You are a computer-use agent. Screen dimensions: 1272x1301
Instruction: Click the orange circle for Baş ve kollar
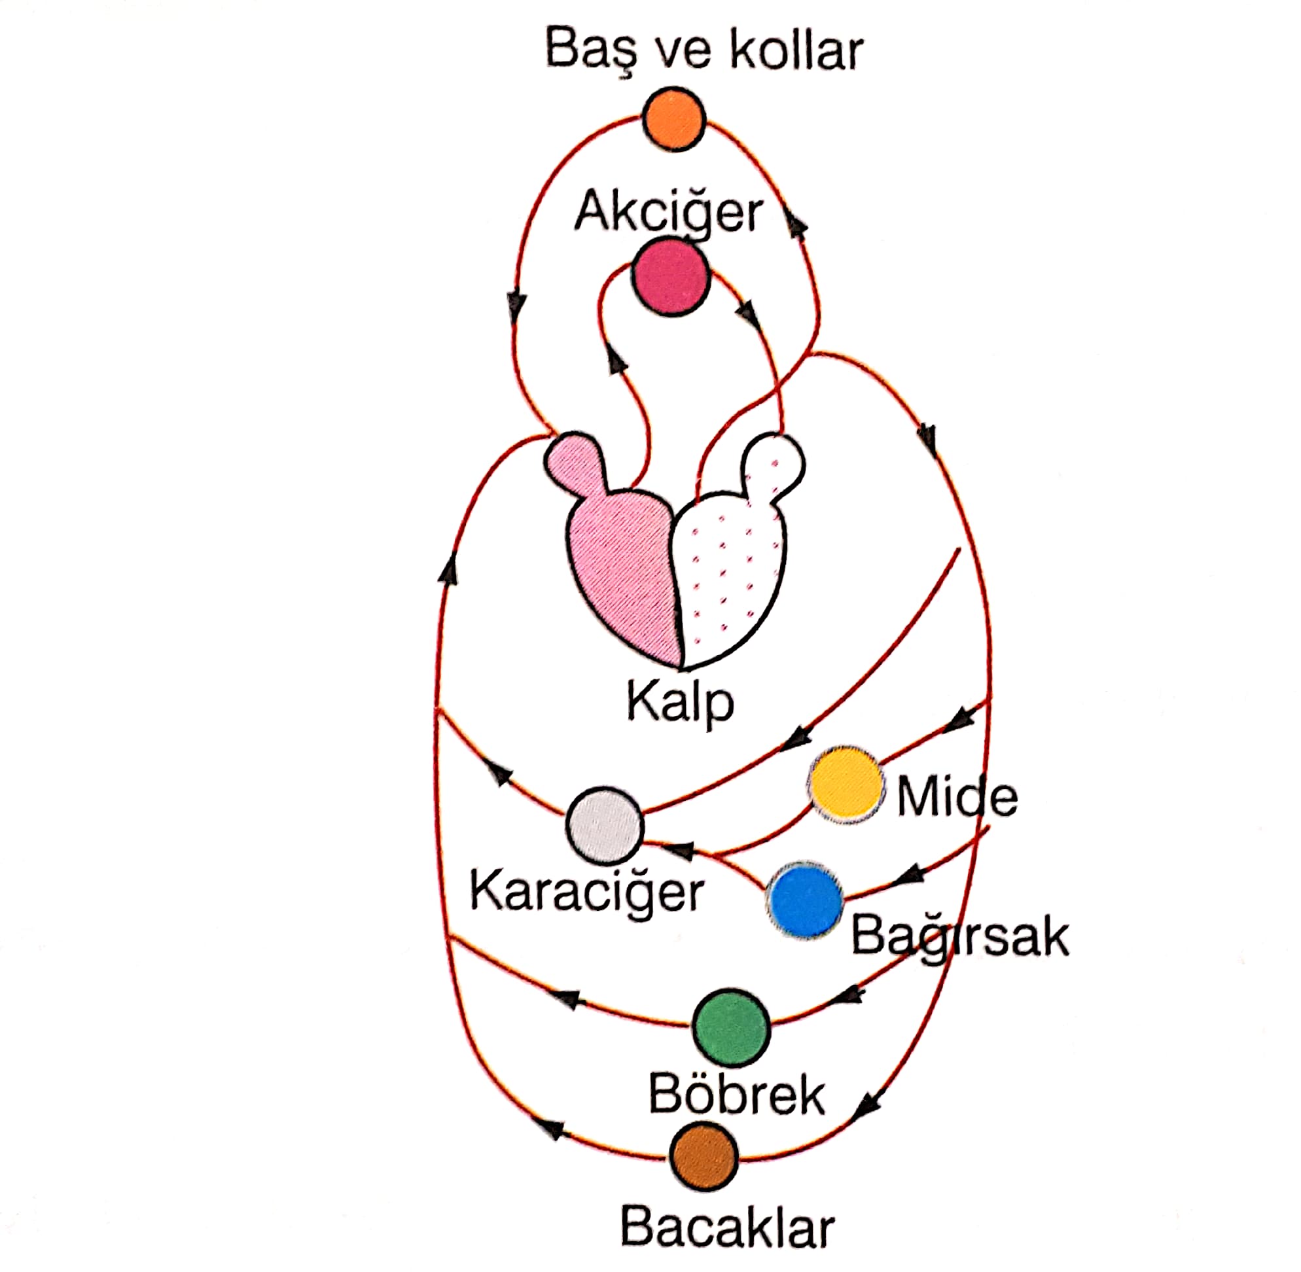coord(673,119)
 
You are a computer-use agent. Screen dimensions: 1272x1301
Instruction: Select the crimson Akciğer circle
coord(671,278)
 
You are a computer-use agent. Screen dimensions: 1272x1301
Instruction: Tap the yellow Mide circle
coord(846,785)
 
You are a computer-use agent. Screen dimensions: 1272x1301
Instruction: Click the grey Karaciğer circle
coord(605,826)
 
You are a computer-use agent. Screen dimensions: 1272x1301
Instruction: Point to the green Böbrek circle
coord(731,1028)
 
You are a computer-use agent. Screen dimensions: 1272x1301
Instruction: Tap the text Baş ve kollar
coord(704,51)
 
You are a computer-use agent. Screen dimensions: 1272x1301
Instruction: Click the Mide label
coord(957,796)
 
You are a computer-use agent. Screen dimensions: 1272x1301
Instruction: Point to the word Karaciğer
coord(586,892)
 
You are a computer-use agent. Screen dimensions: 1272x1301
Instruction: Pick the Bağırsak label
coord(959,936)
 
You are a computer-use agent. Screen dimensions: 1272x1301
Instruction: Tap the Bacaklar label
coord(727,1227)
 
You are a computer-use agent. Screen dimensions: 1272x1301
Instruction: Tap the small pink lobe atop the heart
coord(575,461)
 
